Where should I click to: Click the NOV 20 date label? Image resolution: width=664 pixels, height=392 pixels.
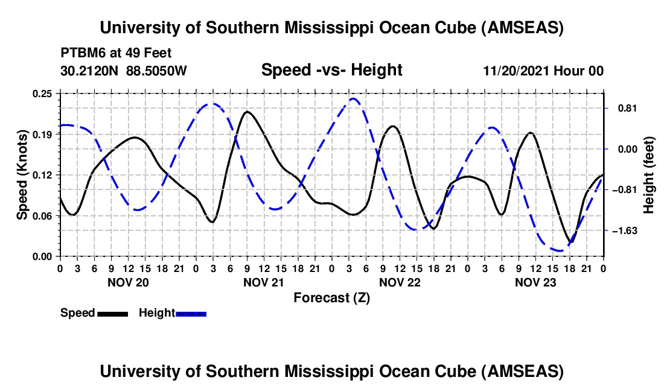coord(127,282)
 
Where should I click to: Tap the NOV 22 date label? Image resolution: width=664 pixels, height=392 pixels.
coord(399,282)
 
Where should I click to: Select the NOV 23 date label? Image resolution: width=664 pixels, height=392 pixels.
coord(535,282)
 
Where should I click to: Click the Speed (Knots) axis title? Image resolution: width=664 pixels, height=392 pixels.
coord(22,175)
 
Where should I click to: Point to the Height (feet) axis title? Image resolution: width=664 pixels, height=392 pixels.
coord(649,175)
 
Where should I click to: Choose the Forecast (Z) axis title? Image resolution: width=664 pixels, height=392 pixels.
coord(331,297)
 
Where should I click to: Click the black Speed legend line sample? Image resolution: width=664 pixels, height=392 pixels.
coord(112,314)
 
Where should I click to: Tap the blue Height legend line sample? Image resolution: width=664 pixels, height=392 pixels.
coord(191,314)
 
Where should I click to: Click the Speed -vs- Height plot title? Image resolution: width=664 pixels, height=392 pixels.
coord(331,71)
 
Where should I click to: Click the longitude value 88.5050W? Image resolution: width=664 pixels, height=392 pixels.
coord(157,71)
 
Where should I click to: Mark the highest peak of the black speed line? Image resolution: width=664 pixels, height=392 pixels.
coord(247,112)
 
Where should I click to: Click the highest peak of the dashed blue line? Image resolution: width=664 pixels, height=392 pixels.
coord(353,99)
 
